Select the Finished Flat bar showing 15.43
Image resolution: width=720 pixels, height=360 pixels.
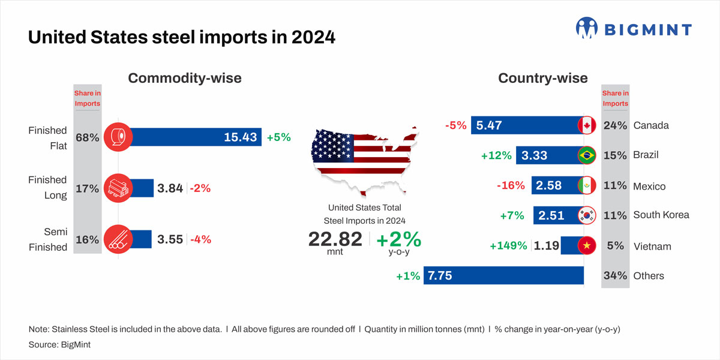tap(192, 137)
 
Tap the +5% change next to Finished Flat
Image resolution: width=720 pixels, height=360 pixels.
tap(278, 137)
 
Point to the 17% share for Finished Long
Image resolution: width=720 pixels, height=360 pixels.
tap(87, 188)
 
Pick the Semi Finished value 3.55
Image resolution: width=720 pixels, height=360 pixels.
tap(170, 239)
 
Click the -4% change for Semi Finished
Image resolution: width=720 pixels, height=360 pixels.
tap(200, 239)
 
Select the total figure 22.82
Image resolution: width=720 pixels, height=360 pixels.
tap(335, 239)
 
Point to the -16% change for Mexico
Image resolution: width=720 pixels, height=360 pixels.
tap(511, 185)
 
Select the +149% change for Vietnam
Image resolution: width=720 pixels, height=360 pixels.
tap(509, 246)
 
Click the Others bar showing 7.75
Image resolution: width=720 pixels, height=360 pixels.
tap(504, 275)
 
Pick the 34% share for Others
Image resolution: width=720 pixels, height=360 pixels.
tap(615, 276)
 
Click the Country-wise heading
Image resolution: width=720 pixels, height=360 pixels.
tap(543, 78)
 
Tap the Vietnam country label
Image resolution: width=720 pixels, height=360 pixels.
tap(652, 247)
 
